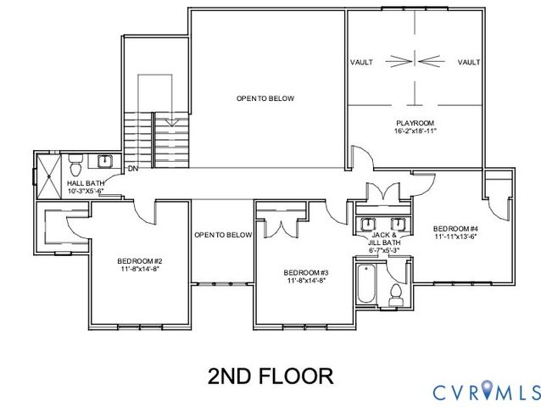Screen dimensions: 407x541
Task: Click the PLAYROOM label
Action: tap(415, 123)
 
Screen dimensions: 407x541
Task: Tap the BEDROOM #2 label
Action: tap(140, 260)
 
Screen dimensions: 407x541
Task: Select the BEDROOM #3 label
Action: tap(306, 272)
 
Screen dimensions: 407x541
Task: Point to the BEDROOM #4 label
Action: tap(455, 228)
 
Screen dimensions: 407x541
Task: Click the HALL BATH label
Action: tap(85, 183)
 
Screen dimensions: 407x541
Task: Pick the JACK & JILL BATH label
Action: tap(384, 242)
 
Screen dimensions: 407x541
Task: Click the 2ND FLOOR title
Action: tap(270, 374)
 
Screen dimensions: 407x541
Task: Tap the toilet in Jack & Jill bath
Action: tap(393, 293)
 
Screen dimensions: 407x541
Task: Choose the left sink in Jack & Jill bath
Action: tap(369, 223)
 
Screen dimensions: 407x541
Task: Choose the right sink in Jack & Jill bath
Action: tap(398, 223)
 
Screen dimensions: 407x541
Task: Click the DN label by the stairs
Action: tap(133, 169)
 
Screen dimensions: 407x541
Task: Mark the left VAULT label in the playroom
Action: tap(361, 63)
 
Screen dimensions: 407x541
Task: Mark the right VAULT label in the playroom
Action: tap(469, 63)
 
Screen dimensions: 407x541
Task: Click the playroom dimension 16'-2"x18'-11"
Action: tap(415, 131)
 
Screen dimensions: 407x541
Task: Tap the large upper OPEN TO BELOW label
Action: tap(265, 99)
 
